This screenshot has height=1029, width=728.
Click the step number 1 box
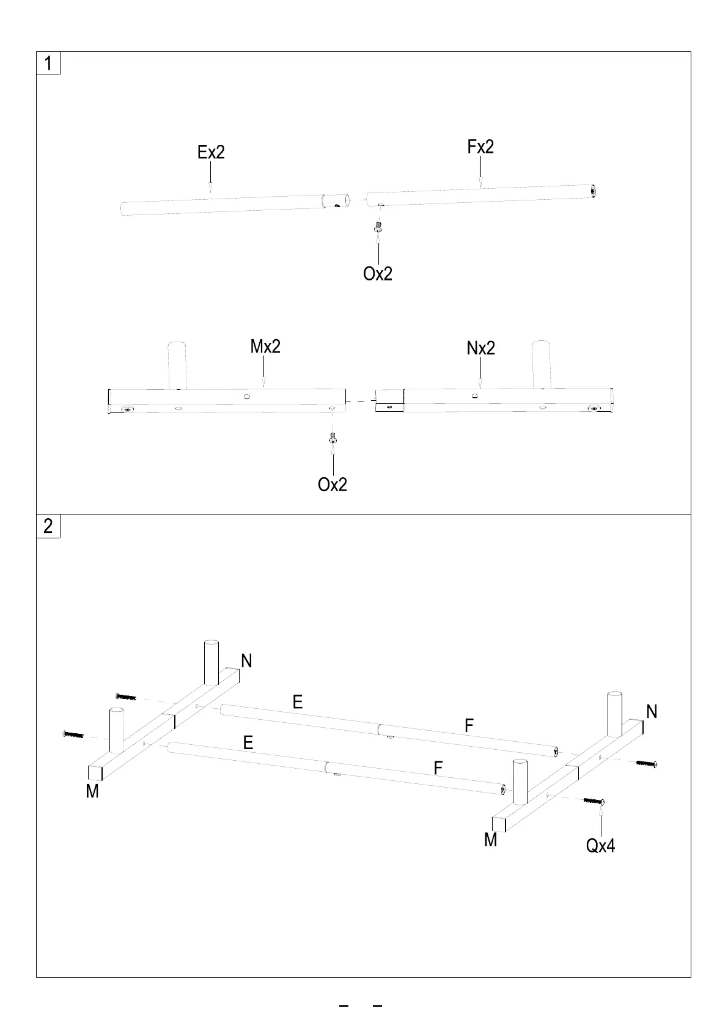[x=48, y=64]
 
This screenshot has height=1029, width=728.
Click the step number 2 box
[x=48, y=526]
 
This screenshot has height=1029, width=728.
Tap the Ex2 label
[x=211, y=152]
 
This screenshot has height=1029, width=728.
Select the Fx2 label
[x=480, y=147]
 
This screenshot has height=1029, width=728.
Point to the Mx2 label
[x=265, y=346]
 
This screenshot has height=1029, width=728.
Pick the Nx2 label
[x=480, y=348]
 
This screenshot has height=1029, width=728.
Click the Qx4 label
[x=600, y=846]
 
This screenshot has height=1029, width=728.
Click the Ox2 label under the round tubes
[x=378, y=274]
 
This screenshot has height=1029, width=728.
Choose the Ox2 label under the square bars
[x=333, y=485]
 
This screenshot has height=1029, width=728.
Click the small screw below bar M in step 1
[x=333, y=438]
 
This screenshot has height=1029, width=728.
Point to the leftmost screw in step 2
[x=72, y=734]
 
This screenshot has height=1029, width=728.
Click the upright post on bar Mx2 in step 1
[x=176, y=365]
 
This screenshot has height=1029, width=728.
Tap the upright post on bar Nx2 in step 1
[x=541, y=364]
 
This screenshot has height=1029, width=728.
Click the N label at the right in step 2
[x=652, y=711]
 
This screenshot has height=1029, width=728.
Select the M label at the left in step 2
[x=92, y=791]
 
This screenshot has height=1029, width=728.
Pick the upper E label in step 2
[x=298, y=702]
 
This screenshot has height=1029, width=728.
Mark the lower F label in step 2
[x=438, y=767]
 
